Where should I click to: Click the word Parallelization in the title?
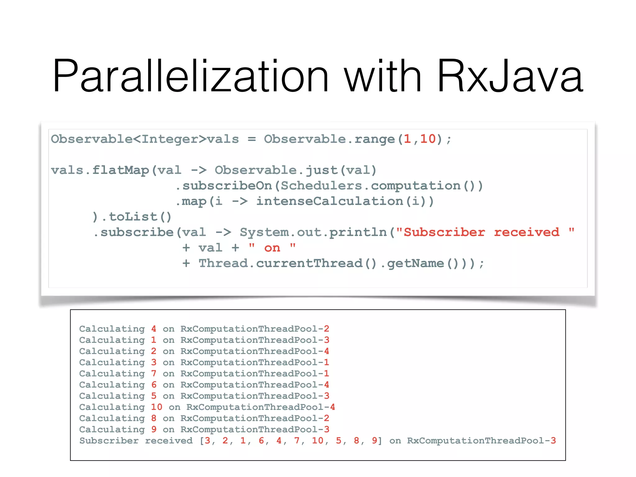[x=190, y=76]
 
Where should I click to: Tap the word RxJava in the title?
[x=510, y=76]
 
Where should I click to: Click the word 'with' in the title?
[x=383, y=76]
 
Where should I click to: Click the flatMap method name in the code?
[x=120, y=170]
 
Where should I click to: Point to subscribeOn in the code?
[x=227, y=186]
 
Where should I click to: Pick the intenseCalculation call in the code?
[x=329, y=201]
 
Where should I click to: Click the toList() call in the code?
[x=140, y=217]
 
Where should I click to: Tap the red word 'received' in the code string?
[x=527, y=232]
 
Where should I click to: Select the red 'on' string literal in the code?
[x=272, y=248]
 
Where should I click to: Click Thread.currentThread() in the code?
[x=287, y=263]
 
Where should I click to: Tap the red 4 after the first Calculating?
[x=154, y=329]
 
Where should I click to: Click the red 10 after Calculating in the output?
[x=157, y=407]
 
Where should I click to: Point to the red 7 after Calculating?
[x=154, y=374]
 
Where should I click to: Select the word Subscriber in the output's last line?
[x=109, y=441]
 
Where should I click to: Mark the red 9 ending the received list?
[x=374, y=441]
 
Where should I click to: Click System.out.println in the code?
[x=313, y=232]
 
